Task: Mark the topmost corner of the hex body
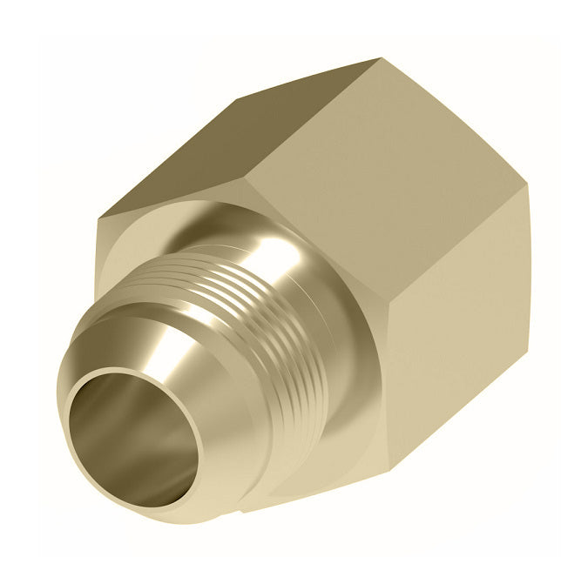point(382,59)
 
